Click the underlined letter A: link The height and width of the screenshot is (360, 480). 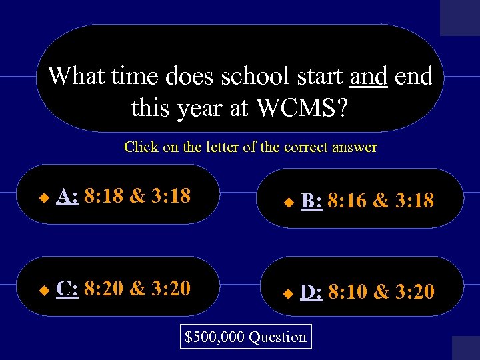[x=67, y=195]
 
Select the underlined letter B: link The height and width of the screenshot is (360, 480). [x=311, y=200]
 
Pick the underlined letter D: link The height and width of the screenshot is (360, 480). [x=311, y=291]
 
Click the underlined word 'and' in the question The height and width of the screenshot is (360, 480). [x=368, y=76]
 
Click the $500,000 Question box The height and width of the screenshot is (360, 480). [x=245, y=337]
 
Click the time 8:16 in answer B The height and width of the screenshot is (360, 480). [x=347, y=200]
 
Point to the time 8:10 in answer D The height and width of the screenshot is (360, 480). [x=347, y=291]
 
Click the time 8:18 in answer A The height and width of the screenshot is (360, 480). [x=104, y=195]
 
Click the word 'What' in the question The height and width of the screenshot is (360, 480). [x=75, y=76]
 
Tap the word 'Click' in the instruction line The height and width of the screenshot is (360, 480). [x=141, y=147]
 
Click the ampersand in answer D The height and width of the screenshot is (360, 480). [x=383, y=291]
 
